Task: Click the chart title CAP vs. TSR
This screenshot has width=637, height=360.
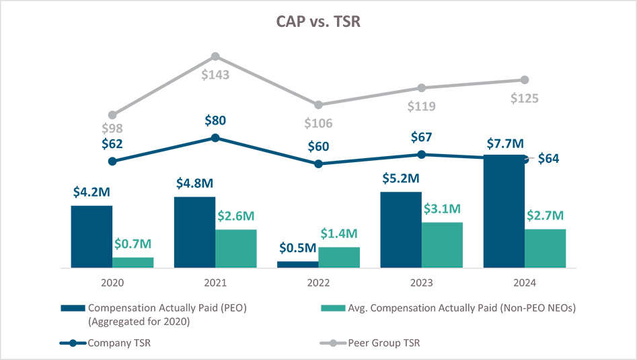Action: pyautogui.click(x=318, y=22)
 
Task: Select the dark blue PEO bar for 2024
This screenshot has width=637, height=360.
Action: pyautogui.click(x=504, y=211)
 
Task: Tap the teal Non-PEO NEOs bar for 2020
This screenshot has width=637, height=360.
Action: pyautogui.click(x=133, y=262)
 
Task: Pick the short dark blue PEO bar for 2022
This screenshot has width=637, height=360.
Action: pyautogui.click(x=297, y=264)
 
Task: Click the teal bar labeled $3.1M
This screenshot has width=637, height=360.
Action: pyautogui.click(x=442, y=245)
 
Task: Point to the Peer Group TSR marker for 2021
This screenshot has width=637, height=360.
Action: pyautogui.click(x=215, y=57)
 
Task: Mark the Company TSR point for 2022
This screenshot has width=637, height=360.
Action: pyautogui.click(x=318, y=164)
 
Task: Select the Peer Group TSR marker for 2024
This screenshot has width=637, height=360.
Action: pyautogui.click(x=525, y=80)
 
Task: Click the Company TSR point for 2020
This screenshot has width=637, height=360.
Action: pyautogui.click(x=112, y=161)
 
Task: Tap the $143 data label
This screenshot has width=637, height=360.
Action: pyautogui.click(x=215, y=75)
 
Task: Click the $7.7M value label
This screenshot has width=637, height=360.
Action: pyautogui.click(x=504, y=144)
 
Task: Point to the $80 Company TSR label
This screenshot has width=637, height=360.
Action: pyautogui.click(x=215, y=121)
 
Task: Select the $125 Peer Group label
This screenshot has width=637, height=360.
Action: pyautogui.click(x=525, y=98)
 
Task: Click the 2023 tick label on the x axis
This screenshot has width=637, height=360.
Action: pyautogui.click(x=422, y=284)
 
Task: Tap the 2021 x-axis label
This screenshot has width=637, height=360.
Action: pyautogui.click(x=215, y=284)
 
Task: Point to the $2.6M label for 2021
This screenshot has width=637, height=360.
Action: pyautogui.click(x=235, y=216)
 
